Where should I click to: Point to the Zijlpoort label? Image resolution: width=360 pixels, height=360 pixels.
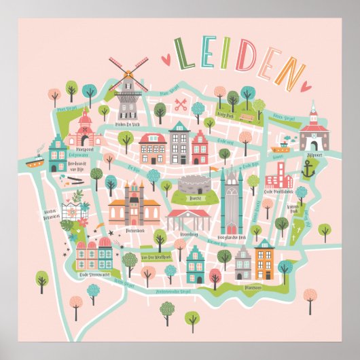tap(313, 154)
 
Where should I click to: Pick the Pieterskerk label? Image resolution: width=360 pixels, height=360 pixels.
tap(132, 230)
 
